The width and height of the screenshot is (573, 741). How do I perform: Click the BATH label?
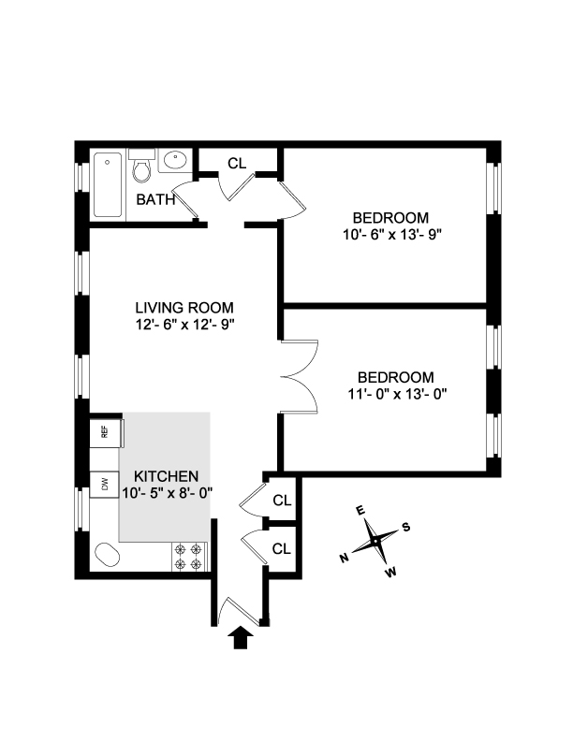coord(155,199)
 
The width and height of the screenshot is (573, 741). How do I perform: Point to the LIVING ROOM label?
coord(184,308)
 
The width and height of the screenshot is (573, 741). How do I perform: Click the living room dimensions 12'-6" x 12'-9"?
coord(184,325)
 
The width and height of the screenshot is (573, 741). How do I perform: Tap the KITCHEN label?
coord(165,475)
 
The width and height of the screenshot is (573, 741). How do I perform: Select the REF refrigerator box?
coord(105,431)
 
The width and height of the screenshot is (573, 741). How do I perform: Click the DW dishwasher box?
coord(105,484)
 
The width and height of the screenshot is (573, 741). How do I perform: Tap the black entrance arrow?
coord(241,638)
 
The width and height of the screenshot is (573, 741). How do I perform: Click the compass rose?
coord(375,541)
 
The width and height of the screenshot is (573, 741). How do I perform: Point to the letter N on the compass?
coord(345,558)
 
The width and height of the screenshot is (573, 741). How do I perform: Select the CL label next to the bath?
coord(237,163)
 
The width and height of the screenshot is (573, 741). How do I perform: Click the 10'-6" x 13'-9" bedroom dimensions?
coord(391,234)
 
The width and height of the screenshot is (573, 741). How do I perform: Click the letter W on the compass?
coord(390,572)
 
